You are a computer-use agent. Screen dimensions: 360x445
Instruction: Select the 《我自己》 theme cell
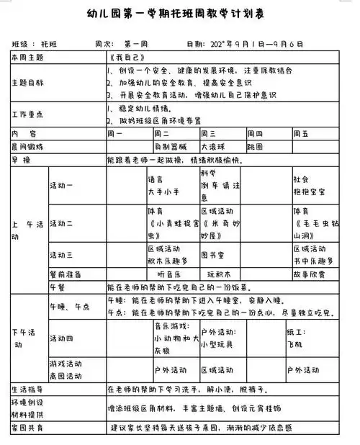[x=125, y=57]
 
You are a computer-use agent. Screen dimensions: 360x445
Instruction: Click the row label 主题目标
[x=27, y=83]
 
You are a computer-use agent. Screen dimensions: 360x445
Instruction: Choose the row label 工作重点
[x=27, y=114]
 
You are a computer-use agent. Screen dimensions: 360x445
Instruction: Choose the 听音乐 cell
[x=167, y=274]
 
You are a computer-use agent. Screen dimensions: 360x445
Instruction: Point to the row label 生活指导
[x=27, y=390]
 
